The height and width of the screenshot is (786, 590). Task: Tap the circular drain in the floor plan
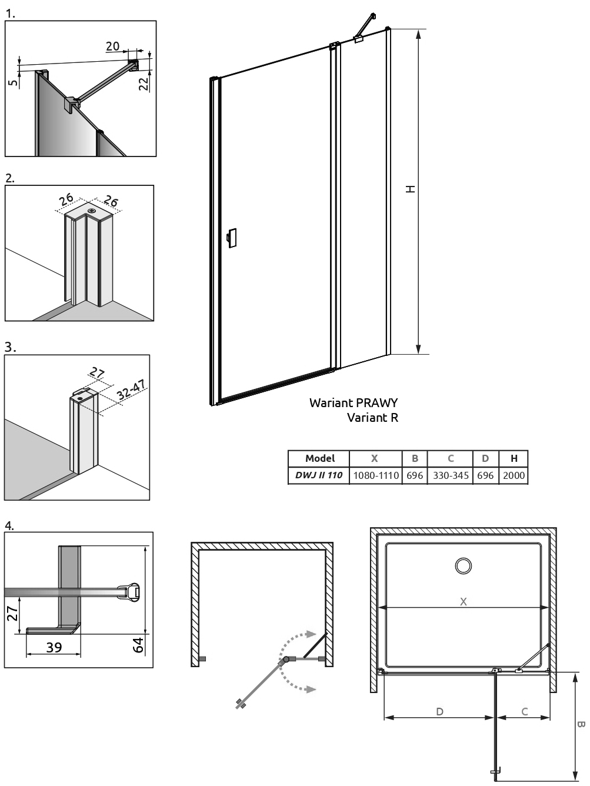pyautogui.click(x=464, y=566)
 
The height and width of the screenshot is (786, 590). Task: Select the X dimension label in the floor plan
pyautogui.click(x=464, y=601)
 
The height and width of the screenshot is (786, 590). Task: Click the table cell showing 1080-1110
pyautogui.click(x=376, y=475)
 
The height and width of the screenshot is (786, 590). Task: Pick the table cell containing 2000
pyautogui.click(x=514, y=475)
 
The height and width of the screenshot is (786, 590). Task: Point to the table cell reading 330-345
pyautogui.click(x=451, y=475)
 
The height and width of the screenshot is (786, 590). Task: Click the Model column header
pyautogui.click(x=320, y=458)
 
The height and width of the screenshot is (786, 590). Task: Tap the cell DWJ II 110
pyautogui.click(x=319, y=475)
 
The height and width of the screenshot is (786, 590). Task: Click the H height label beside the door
pyautogui.click(x=411, y=189)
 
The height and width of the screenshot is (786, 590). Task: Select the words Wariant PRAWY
pyautogui.click(x=354, y=403)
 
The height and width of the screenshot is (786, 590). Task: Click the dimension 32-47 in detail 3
pyautogui.click(x=131, y=389)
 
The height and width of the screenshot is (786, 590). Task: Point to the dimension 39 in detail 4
pyautogui.click(x=54, y=647)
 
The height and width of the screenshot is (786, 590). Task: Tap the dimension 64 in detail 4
pyautogui.click(x=139, y=644)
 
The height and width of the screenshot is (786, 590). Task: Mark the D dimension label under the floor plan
pyautogui.click(x=439, y=711)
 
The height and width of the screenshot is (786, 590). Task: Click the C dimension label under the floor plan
pyautogui.click(x=525, y=711)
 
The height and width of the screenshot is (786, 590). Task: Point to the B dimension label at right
pyautogui.click(x=581, y=725)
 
